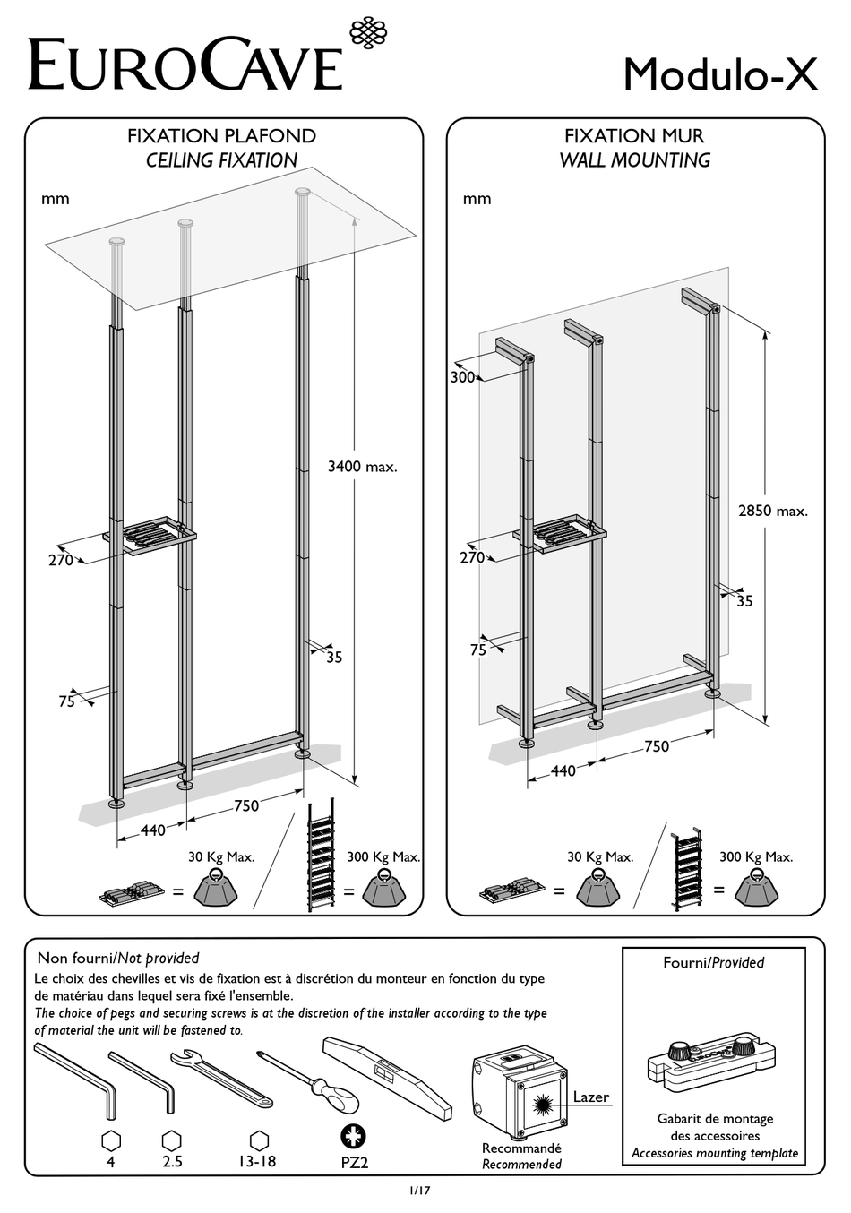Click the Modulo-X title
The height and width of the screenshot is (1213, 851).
click(x=719, y=74)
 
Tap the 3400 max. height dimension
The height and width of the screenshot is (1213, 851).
click(x=362, y=467)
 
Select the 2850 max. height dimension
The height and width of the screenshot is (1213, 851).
click(x=772, y=511)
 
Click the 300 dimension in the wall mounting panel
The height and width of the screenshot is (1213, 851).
click(x=462, y=378)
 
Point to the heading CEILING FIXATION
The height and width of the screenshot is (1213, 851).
click(x=221, y=160)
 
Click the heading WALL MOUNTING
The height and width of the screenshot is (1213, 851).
click(x=634, y=160)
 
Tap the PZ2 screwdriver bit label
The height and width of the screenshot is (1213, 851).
click(x=354, y=1163)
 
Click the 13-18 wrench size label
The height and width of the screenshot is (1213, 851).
click(x=258, y=1162)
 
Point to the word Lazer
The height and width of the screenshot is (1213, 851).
click(x=590, y=1097)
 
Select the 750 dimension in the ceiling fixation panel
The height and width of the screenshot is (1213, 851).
click(x=246, y=805)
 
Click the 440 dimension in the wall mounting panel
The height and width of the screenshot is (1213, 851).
click(x=563, y=770)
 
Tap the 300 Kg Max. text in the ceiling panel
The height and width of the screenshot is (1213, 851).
click(x=383, y=856)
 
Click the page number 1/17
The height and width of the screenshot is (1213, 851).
click(x=421, y=1191)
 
